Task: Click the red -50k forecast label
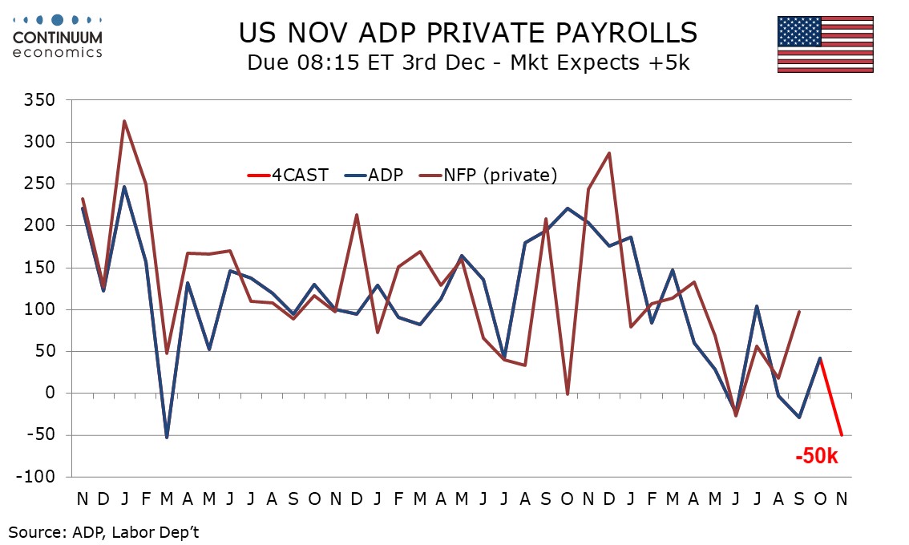(x=816, y=458)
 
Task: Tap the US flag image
(x=825, y=44)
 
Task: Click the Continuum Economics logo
(x=58, y=35)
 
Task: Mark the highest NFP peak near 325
(x=124, y=121)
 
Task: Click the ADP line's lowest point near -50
(x=167, y=437)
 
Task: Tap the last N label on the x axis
(x=842, y=499)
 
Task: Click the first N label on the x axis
(x=83, y=499)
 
